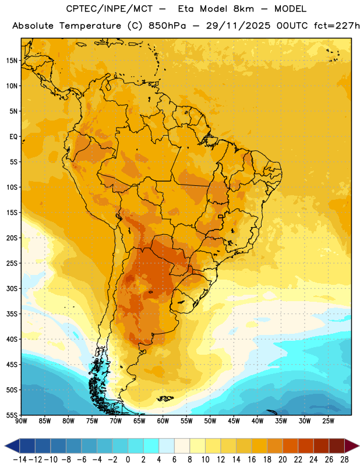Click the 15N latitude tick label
tap(12, 61)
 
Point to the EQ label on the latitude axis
tap(13, 137)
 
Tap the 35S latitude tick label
tap(12, 314)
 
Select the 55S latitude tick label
tap(12, 415)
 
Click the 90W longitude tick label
tap(22, 421)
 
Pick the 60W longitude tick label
tap(163, 421)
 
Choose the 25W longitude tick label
tap(328, 421)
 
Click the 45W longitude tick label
tap(234, 421)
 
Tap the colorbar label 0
tap(128, 460)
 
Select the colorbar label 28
tap(344, 460)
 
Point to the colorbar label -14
tap(20, 460)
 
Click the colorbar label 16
tap(252, 460)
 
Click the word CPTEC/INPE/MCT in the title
tap(109, 9)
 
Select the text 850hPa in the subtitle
tap(167, 26)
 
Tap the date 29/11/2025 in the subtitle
tap(238, 26)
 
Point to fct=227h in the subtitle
tap(337, 26)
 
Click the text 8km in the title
tap(243, 9)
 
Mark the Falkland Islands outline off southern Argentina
tap(165, 398)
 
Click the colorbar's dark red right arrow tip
tap(359, 446)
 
